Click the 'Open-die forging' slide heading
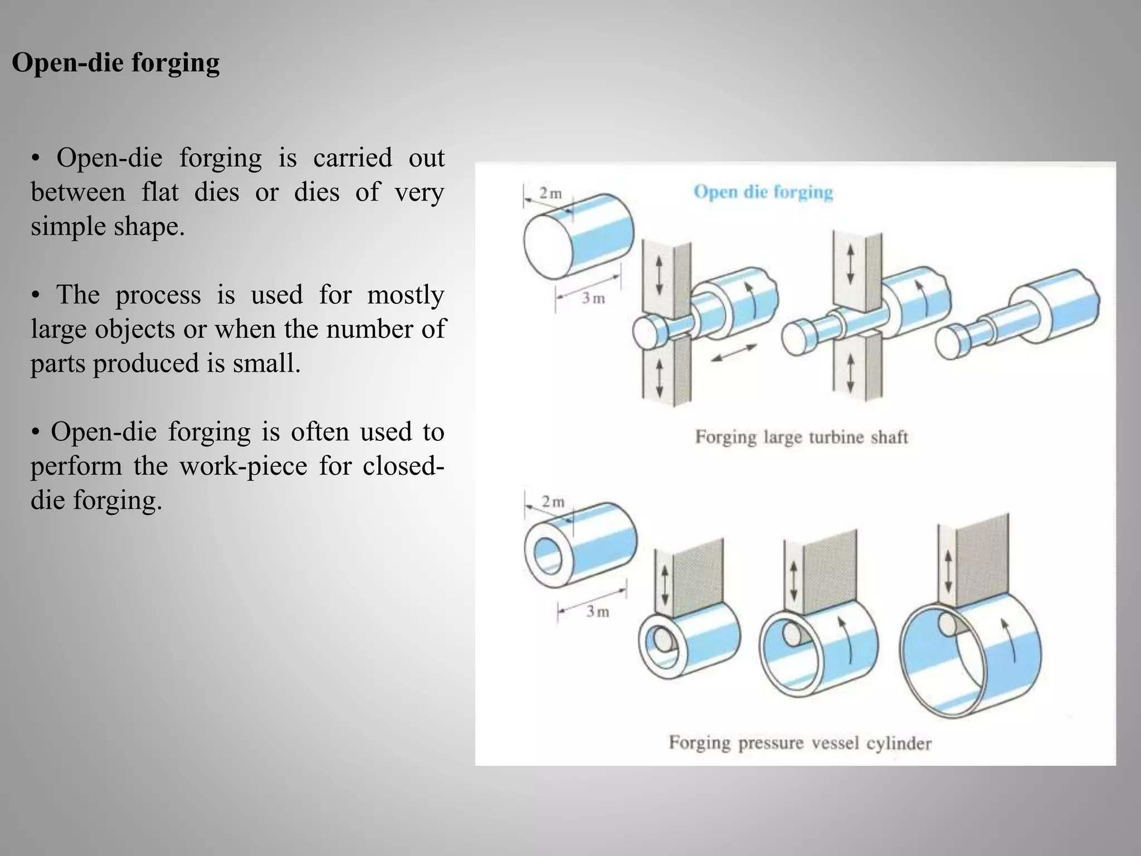(115, 62)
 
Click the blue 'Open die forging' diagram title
(763, 192)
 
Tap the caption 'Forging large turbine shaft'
(801, 437)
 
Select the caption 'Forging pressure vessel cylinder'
(800, 743)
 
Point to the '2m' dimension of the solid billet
(550, 193)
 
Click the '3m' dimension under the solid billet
(593, 298)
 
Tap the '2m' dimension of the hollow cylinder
(553, 502)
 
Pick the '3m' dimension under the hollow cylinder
(597, 611)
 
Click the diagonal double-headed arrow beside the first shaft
(734, 353)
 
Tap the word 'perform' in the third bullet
(76, 465)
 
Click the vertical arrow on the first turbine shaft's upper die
(659, 275)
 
